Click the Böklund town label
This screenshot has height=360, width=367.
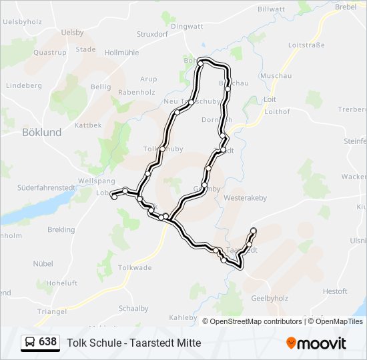coord(41,132)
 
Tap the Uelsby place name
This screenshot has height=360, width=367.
coord(72,33)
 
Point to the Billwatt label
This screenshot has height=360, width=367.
coord(271,9)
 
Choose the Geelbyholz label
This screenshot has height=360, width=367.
coord(270,298)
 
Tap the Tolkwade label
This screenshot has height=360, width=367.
coord(135,267)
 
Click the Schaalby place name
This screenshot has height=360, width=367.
coord(133,308)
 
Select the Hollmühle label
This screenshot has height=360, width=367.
coord(120,52)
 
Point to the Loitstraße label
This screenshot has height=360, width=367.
coord(306,45)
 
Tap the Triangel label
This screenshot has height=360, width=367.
coord(51,311)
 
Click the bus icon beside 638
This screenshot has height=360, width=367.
coord(30,343)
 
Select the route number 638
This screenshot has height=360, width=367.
coord(47,342)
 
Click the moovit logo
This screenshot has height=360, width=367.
coord(316,343)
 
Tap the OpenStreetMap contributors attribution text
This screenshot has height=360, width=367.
coord(256,321)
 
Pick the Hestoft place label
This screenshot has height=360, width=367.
coord(335,291)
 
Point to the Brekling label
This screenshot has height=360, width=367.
coord(61,229)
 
